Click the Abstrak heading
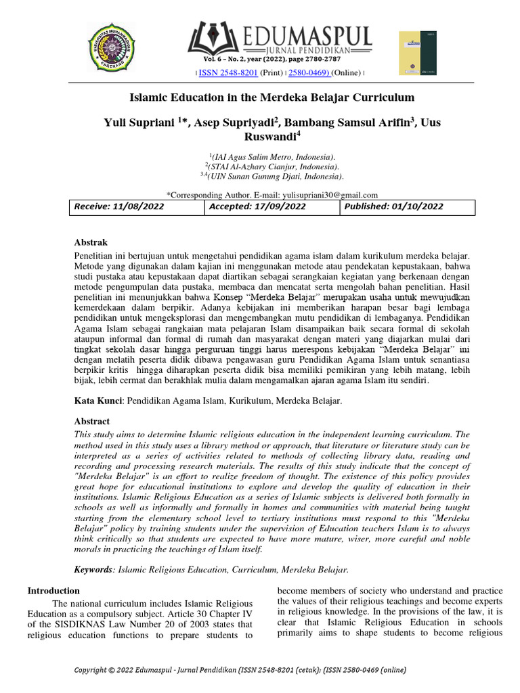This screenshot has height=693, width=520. pyautogui.click(x=91, y=242)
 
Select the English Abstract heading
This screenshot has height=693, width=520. pyautogui.click(x=91, y=421)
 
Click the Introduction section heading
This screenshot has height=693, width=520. pyautogui.click(x=53, y=591)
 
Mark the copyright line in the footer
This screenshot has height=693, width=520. pyautogui.click(x=240, y=670)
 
